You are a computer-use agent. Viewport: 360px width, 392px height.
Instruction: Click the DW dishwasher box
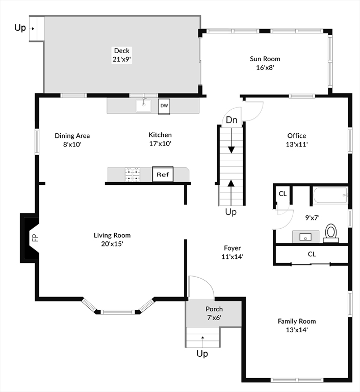(x=164, y=106)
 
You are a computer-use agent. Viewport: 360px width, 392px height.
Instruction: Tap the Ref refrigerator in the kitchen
(x=163, y=174)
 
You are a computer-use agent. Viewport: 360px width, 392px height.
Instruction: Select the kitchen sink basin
(x=143, y=106)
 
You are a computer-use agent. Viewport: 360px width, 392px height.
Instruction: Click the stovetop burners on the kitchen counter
(x=133, y=175)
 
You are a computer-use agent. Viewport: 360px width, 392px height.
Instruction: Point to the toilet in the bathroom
(x=331, y=233)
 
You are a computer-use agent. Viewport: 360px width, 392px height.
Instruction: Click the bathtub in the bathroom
(x=330, y=195)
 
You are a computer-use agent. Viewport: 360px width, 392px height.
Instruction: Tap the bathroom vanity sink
(x=305, y=237)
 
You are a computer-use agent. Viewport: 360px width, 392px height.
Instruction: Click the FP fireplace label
(x=36, y=237)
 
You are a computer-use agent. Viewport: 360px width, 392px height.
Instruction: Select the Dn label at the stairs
(x=232, y=120)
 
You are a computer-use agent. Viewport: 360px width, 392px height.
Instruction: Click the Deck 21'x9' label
(x=122, y=55)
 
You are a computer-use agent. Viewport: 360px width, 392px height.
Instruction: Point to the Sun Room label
(x=265, y=59)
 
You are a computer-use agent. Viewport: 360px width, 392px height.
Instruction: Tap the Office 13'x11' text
(x=297, y=140)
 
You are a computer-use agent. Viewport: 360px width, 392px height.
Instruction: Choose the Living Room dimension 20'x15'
(x=112, y=244)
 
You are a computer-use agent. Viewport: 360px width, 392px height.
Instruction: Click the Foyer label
(x=233, y=248)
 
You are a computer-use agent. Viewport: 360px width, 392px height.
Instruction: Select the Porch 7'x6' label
(x=214, y=313)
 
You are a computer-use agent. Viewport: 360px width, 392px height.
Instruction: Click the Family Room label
(x=297, y=321)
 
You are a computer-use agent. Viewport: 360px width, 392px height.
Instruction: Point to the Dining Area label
(x=72, y=136)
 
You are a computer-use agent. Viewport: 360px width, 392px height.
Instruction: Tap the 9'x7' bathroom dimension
(x=312, y=218)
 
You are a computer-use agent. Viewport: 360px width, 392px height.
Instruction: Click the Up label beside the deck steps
(x=20, y=28)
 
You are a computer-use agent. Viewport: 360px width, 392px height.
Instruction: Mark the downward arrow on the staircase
(x=232, y=140)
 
